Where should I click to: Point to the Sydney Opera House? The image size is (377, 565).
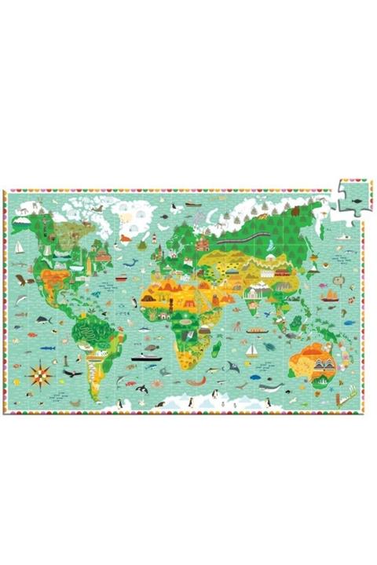(324, 364)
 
